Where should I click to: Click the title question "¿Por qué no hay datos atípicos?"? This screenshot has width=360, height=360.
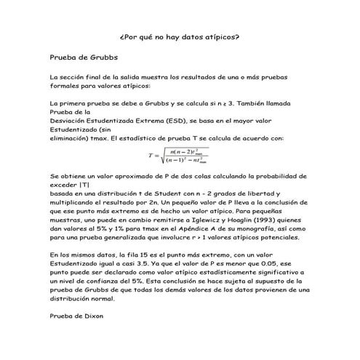coord(179,36)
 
